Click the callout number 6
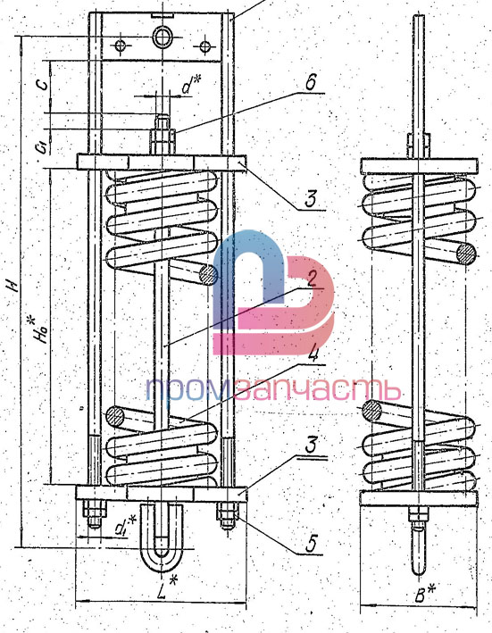click(x=311, y=83)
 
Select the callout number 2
click(x=311, y=279)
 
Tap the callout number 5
click(x=311, y=544)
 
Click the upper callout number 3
click(x=310, y=199)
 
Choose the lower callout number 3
click(x=310, y=445)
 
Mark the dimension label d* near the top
click(x=191, y=85)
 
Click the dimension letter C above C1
click(x=42, y=83)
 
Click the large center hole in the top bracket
click(x=163, y=37)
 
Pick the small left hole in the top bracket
click(x=121, y=46)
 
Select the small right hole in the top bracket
click(x=205, y=46)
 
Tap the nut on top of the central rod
click(x=163, y=140)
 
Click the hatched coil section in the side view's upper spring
click(x=466, y=254)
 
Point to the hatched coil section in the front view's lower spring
click(x=115, y=417)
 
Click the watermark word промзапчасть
click(x=273, y=390)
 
